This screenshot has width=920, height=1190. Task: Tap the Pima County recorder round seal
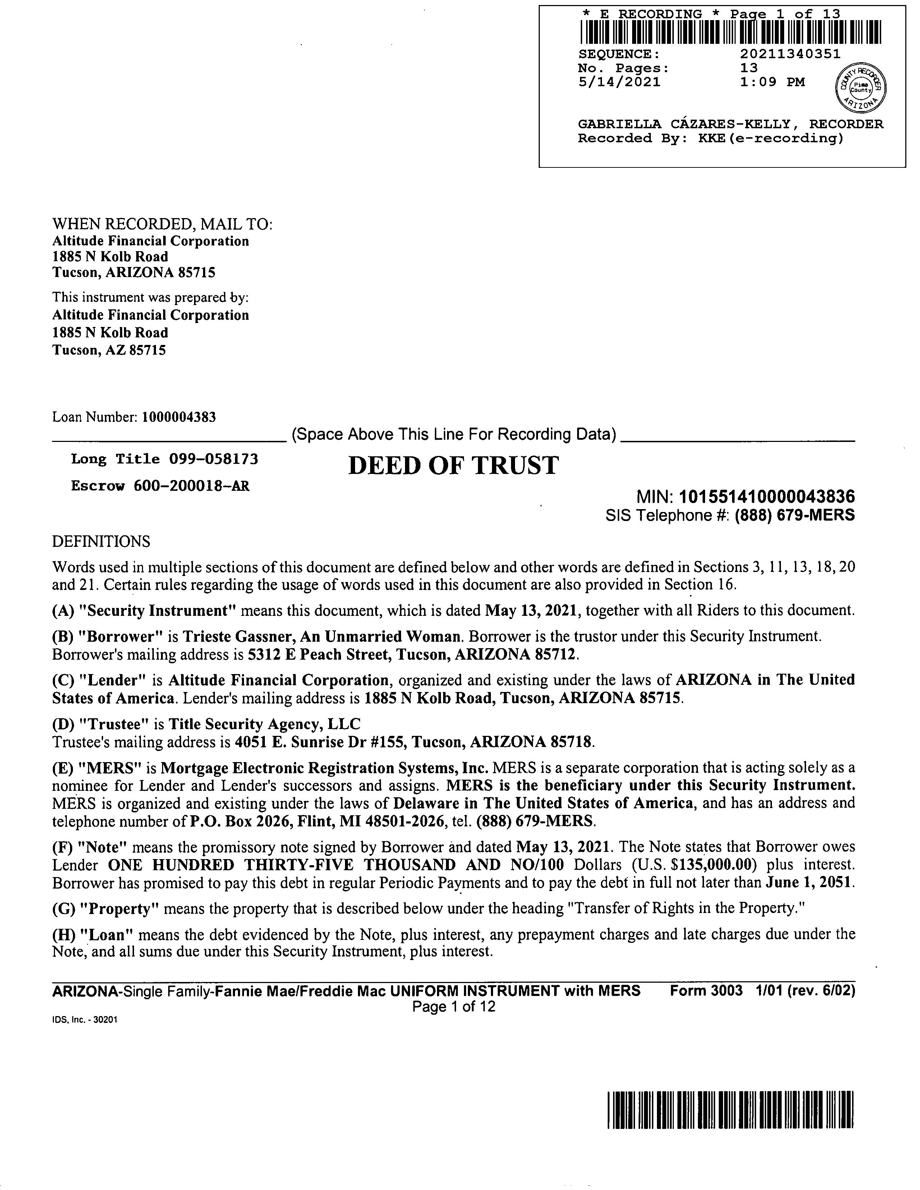click(x=861, y=86)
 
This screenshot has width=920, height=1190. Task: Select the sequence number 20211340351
click(x=790, y=54)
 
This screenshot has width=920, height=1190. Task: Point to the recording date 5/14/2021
click(x=619, y=82)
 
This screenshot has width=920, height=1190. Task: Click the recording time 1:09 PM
click(x=772, y=82)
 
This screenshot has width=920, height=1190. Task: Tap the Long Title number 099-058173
click(x=213, y=459)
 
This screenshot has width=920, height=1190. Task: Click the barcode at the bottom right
click(x=730, y=1110)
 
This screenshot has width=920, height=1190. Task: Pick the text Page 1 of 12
click(x=454, y=1006)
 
